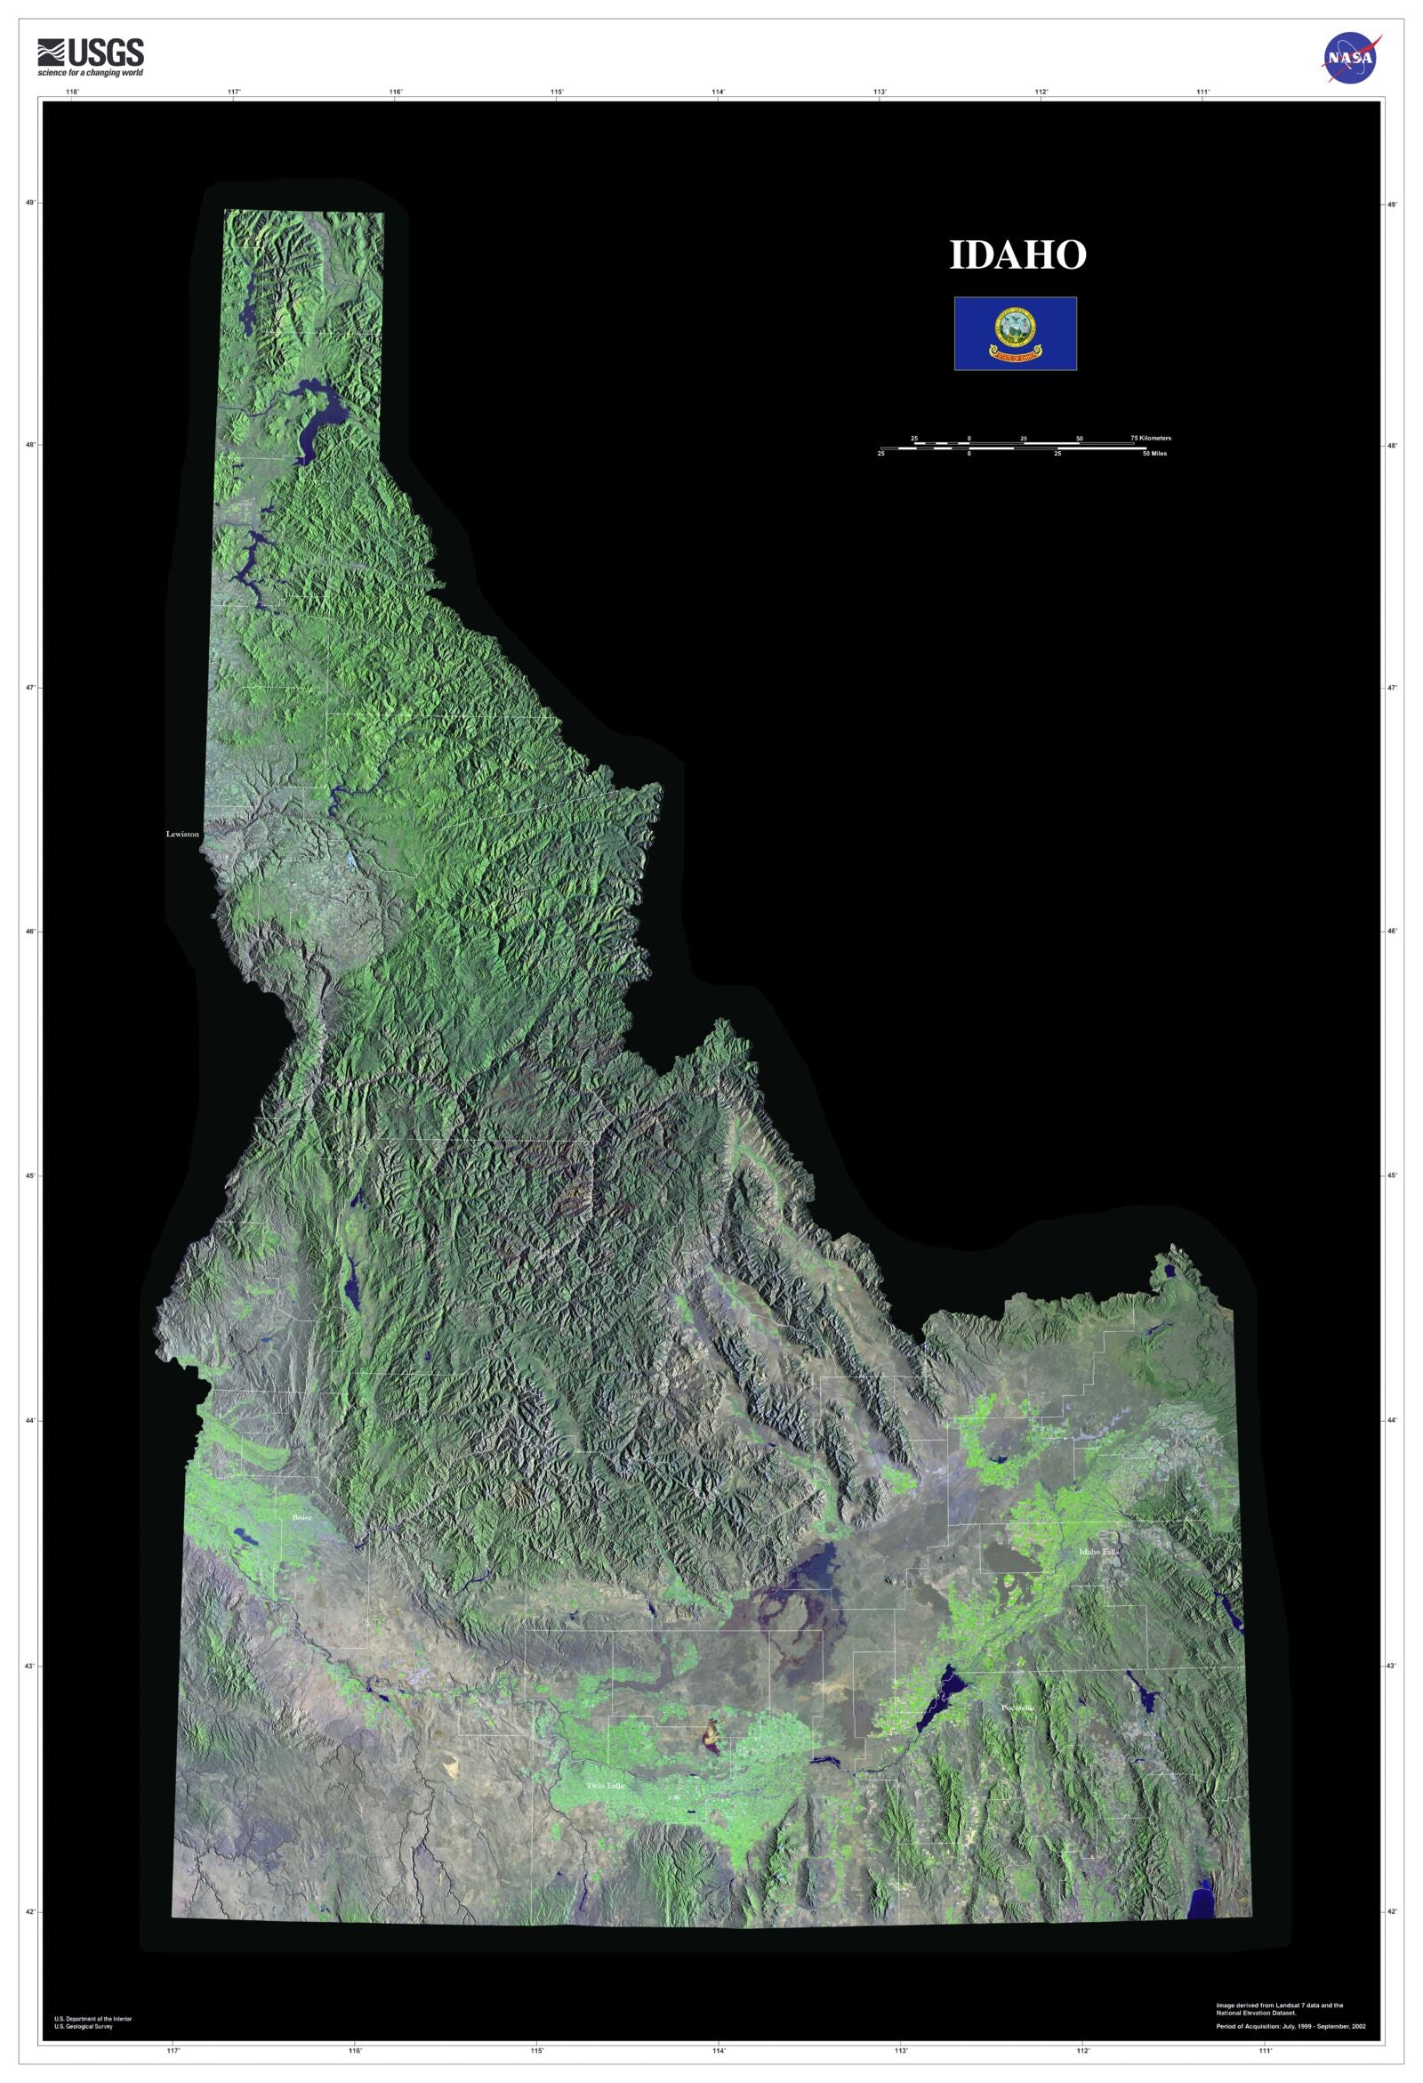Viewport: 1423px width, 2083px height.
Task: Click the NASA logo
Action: [x=1351, y=58]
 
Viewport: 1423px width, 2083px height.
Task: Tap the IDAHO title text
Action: [x=1017, y=255]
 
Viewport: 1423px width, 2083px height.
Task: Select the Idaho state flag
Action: [x=1016, y=334]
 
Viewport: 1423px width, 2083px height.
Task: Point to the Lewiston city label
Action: [x=183, y=835]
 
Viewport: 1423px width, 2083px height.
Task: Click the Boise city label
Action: [x=301, y=1518]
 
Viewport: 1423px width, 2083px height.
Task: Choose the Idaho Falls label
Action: [x=1098, y=1552]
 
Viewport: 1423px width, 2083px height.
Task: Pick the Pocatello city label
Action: [x=1018, y=1708]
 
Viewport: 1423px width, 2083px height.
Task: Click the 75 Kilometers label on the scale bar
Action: [x=1152, y=439]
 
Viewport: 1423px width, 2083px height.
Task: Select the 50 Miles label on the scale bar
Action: [x=1154, y=454]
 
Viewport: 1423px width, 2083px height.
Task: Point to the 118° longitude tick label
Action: [x=73, y=92]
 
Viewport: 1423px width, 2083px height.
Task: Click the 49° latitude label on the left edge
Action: [x=31, y=203]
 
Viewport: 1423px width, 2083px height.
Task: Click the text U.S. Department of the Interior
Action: [x=93, y=2018]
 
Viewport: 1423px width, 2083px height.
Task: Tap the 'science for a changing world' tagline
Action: [x=90, y=73]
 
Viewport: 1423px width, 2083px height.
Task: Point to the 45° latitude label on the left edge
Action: [x=31, y=1176]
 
